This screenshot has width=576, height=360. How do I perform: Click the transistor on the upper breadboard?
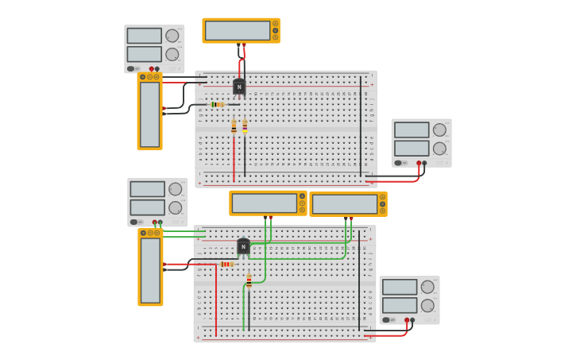[239, 87]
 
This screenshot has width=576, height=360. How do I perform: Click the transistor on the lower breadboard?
[243, 246]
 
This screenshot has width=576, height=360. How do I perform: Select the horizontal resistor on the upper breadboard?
[217, 104]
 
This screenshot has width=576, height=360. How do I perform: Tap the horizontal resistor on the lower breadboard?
[227, 264]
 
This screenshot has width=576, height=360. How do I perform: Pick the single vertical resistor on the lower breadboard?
[249, 281]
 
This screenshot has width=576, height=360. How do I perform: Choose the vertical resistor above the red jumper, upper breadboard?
[234, 126]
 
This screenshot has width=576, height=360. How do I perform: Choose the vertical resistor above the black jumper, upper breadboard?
[245, 126]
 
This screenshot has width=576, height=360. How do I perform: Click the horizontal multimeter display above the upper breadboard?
[238, 30]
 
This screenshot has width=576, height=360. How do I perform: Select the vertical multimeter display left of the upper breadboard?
[149, 114]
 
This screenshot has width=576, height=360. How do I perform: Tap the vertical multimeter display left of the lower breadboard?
[150, 269]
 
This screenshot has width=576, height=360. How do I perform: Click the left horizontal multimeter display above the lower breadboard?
[264, 203]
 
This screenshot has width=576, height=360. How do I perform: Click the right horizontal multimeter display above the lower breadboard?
[345, 204]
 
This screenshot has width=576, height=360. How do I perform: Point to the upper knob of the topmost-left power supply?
[172, 36]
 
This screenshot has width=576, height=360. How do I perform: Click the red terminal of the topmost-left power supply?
[151, 68]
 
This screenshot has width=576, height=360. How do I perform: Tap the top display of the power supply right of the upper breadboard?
[411, 130]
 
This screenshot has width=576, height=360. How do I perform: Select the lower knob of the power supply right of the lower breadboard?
[427, 304]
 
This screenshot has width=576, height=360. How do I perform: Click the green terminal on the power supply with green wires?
[160, 223]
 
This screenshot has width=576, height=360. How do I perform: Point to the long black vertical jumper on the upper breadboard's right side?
[360, 127]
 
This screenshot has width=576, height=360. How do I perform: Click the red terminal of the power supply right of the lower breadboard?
[407, 320]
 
